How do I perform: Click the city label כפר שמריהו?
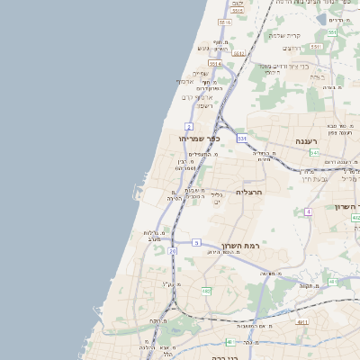click(x=201, y=139)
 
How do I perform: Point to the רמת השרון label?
click(x=240, y=245)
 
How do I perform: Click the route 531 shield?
click(x=241, y=139)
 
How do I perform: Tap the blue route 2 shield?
click(x=189, y=127)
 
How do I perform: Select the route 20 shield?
click(x=172, y=251)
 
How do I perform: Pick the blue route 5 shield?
click(x=196, y=242)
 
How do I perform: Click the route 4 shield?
click(x=308, y=211)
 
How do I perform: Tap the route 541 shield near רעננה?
click(x=314, y=153)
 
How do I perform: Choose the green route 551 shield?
click(x=331, y=32)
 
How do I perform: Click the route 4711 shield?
click(x=302, y=321)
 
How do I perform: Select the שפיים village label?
click(x=200, y=73)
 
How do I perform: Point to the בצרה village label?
click(x=316, y=77)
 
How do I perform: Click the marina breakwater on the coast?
click(x=137, y=191)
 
